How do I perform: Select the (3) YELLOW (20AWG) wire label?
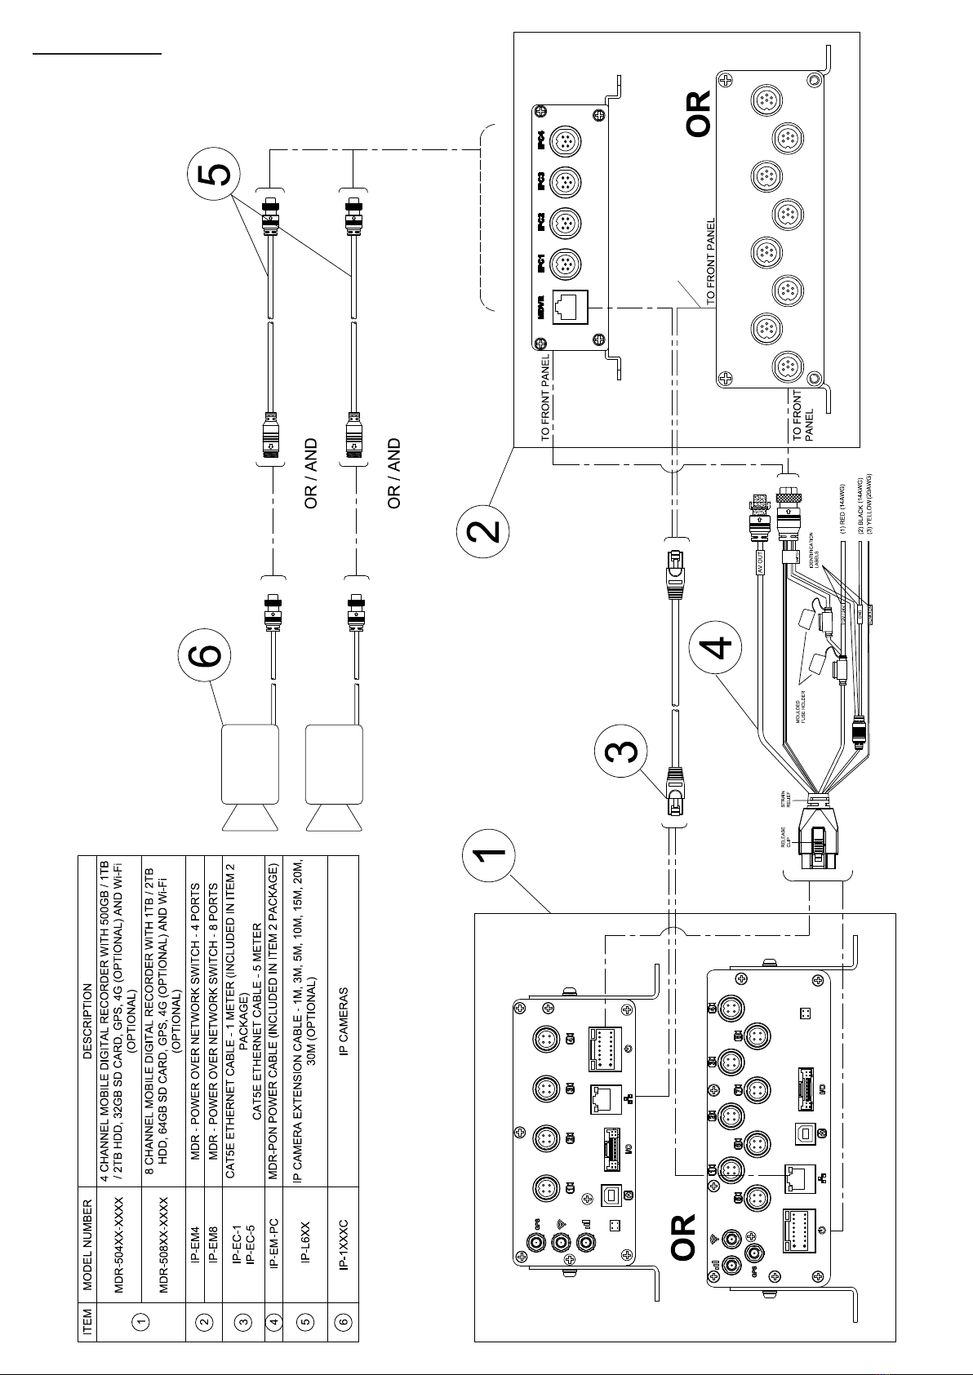869,503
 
